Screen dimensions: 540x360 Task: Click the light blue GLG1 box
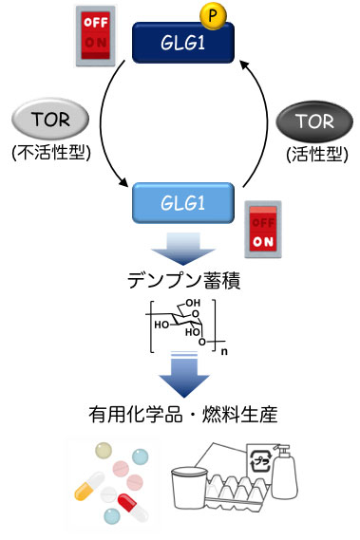[181, 201]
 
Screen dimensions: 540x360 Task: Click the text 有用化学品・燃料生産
[180, 415]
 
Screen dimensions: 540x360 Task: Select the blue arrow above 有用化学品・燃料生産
[180, 377]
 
